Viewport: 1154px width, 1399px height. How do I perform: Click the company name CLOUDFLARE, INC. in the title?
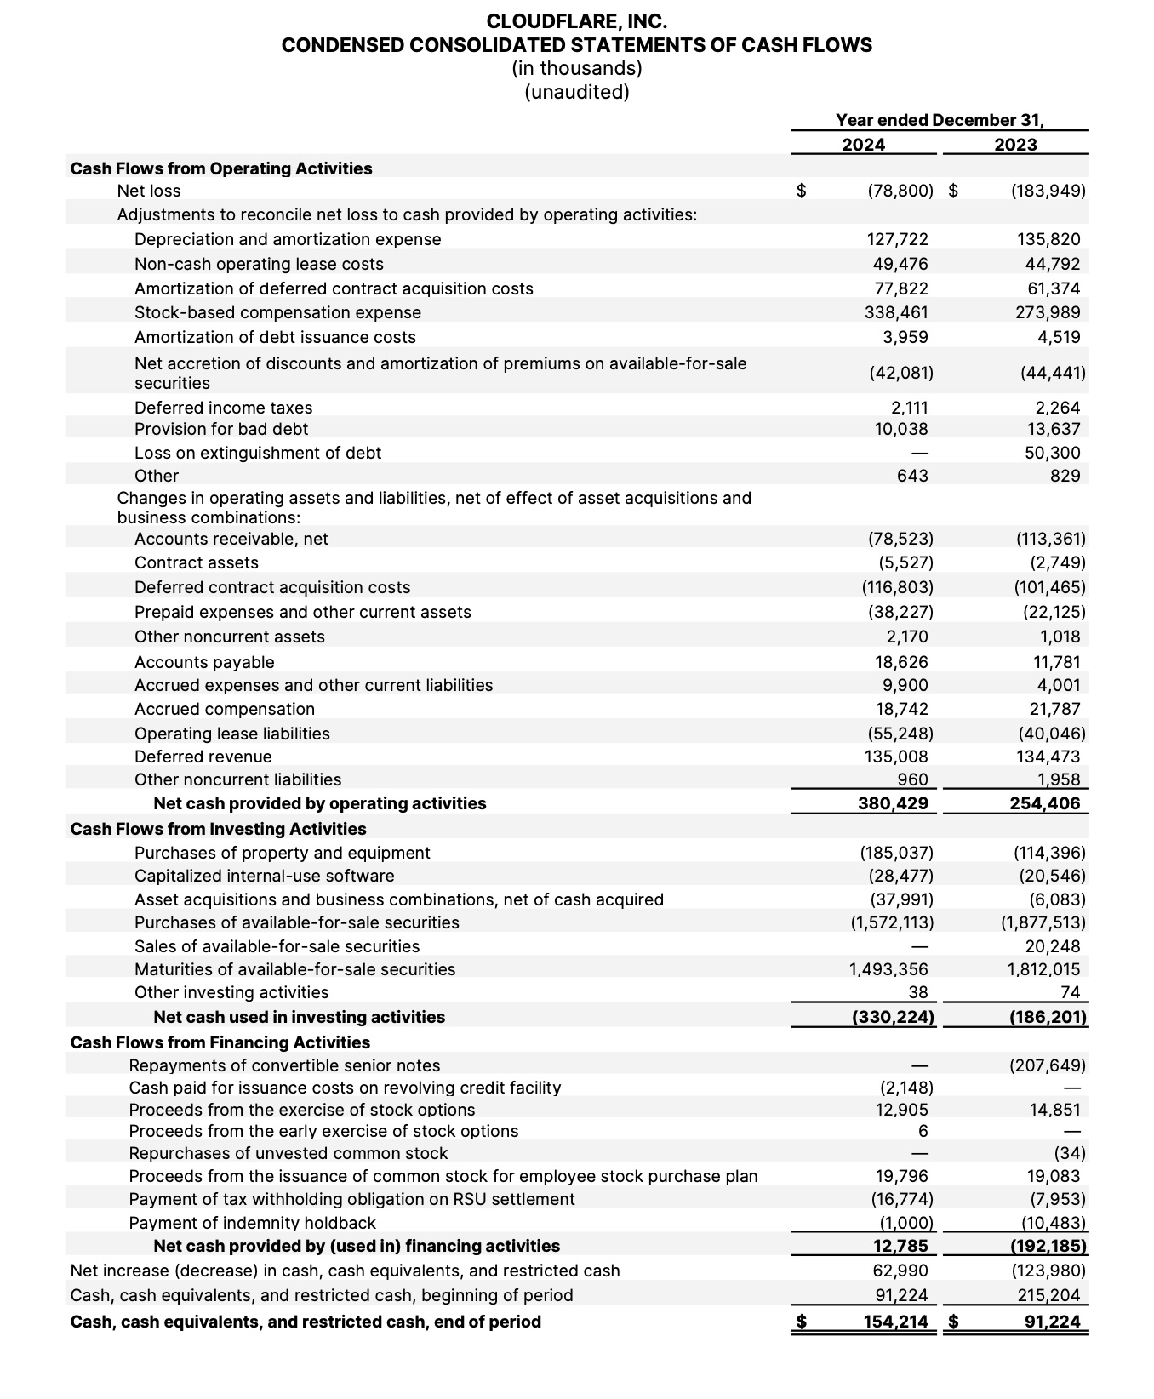coord(576,21)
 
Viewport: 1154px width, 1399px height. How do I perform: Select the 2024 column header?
coord(863,145)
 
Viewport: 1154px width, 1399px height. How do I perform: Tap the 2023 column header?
coord(1015,145)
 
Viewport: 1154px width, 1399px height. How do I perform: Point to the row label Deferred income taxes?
coord(223,408)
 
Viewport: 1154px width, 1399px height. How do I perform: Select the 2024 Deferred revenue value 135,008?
coord(896,757)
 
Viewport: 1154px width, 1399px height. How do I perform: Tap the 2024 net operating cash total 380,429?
coord(893,803)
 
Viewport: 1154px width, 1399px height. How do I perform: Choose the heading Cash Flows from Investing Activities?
coord(218,829)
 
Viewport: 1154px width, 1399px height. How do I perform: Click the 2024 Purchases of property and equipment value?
coord(896,853)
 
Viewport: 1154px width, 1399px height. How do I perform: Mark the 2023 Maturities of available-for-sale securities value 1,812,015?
coord(1043,969)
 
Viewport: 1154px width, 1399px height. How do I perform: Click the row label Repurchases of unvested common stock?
coord(288,1153)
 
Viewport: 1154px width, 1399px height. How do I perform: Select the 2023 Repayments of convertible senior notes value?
coord(1048,1065)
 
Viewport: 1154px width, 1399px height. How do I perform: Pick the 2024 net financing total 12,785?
coord(901,1246)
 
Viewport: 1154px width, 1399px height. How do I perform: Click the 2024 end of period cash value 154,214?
coord(893,1322)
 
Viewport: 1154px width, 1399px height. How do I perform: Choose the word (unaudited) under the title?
coord(576,92)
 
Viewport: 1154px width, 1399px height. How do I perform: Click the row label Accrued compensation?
coord(225,709)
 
